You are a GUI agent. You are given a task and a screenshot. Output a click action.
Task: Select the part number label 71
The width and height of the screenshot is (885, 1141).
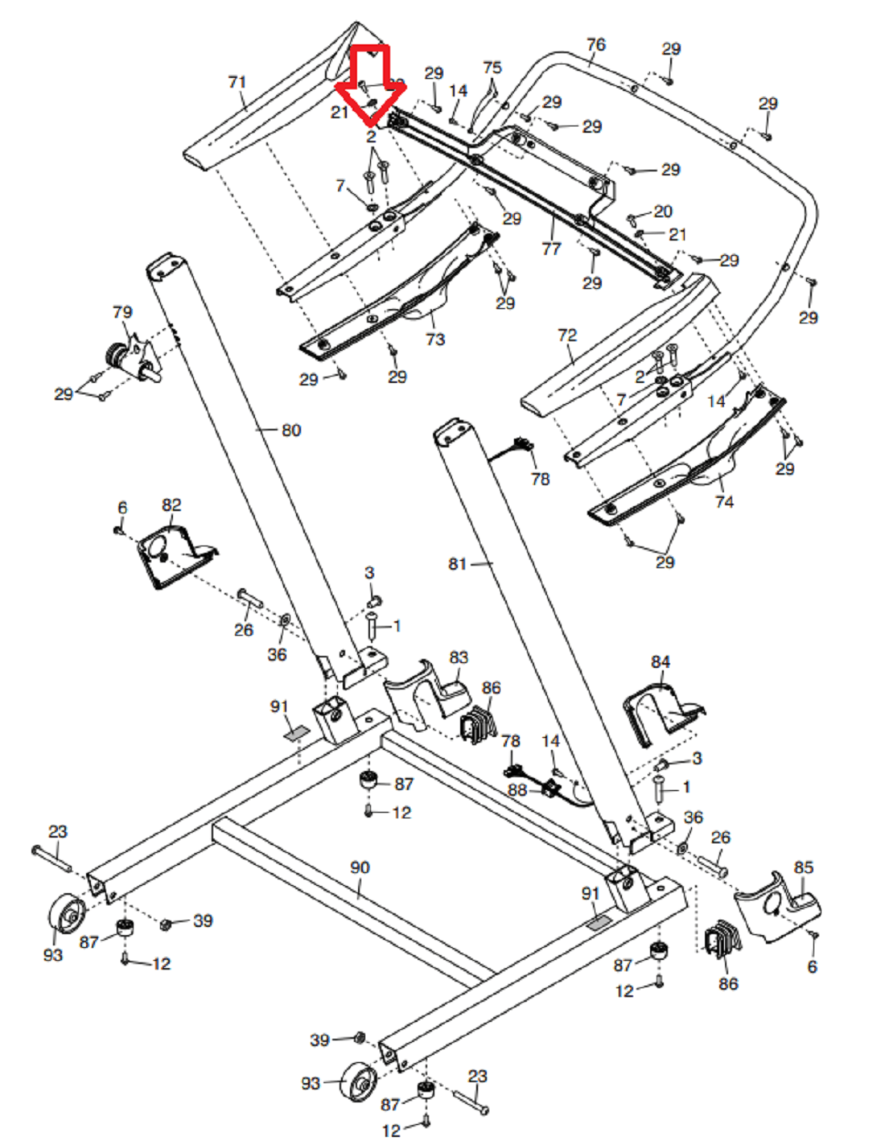(x=237, y=82)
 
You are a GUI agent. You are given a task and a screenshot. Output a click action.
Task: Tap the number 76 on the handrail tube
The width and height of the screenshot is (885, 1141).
(x=595, y=45)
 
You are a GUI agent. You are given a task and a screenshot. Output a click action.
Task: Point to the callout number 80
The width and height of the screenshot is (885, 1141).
(x=291, y=430)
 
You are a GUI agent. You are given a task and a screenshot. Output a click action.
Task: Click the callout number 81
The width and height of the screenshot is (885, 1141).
(x=458, y=564)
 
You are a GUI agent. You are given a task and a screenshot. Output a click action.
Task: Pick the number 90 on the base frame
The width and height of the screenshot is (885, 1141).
(x=360, y=867)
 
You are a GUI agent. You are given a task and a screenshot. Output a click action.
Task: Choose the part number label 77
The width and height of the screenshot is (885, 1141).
(x=551, y=249)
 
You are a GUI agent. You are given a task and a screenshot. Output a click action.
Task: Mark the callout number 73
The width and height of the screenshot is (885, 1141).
(x=435, y=340)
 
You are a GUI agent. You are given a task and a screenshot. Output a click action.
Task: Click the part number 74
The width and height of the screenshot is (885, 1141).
(x=724, y=502)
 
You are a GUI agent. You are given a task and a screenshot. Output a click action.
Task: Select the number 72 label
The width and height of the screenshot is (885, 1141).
(x=567, y=335)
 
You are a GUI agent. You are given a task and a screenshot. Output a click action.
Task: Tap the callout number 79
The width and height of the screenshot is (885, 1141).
(x=122, y=312)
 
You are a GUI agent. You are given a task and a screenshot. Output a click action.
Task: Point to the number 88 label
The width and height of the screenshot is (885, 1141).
(x=517, y=790)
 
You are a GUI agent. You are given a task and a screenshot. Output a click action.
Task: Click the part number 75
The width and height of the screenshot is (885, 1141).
(x=492, y=68)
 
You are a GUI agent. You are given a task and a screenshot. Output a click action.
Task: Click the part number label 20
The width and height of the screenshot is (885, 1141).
(x=663, y=212)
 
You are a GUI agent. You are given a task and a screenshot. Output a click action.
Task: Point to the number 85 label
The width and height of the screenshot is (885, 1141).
(x=804, y=867)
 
